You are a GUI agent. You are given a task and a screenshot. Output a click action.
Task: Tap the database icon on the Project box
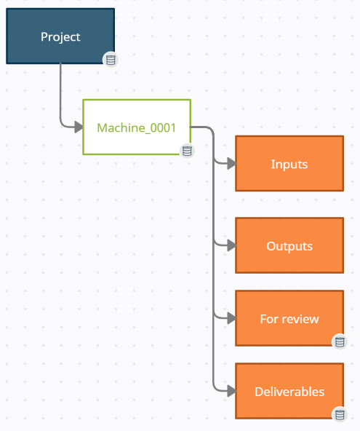coord(111,60)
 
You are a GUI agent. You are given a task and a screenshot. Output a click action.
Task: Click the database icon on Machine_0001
coord(187,151)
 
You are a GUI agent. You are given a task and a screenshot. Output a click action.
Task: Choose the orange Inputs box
coord(289,164)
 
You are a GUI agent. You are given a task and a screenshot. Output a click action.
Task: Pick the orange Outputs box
coord(289,245)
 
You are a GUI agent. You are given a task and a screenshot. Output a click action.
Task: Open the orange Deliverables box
coord(289,391)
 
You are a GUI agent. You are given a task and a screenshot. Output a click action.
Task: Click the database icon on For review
coord(339,341)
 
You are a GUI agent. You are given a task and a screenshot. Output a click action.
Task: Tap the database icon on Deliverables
coord(339,414)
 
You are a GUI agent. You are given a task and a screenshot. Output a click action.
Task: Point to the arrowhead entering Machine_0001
coord(79,127)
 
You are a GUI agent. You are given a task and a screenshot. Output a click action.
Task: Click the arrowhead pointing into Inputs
coord(231,164)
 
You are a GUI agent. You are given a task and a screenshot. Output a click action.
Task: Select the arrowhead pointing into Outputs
coord(231,246)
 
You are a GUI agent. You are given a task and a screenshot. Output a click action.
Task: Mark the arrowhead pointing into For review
coord(231,318)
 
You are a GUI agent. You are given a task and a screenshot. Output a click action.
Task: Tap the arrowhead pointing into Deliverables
coord(231,391)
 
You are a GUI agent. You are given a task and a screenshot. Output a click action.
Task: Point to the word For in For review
coord(268,319)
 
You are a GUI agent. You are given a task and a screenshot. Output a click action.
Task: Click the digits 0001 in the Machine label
coord(163,127)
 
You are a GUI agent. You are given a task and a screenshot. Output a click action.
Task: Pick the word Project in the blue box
coord(60,36)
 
